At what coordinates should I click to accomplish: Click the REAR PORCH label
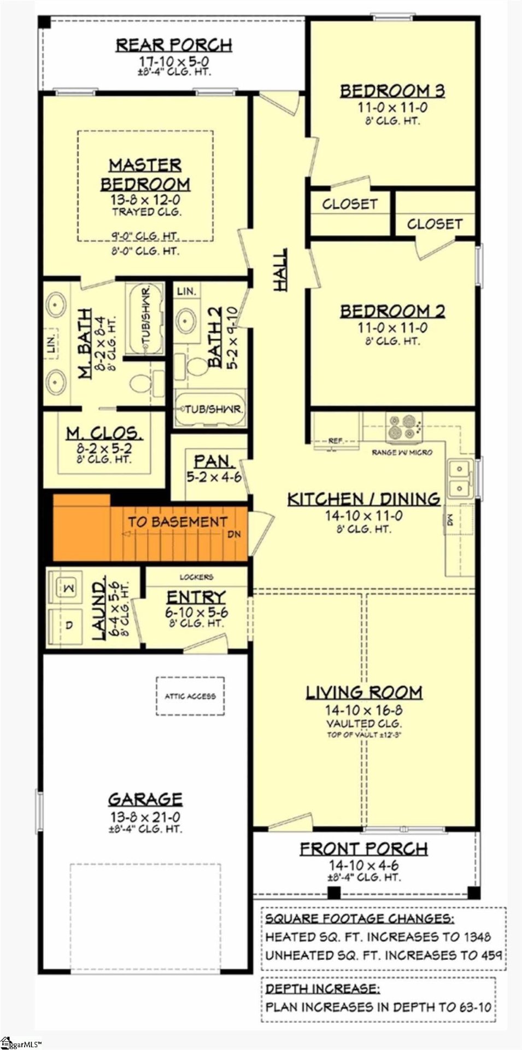click(x=173, y=45)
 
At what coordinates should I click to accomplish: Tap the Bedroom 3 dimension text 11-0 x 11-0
click(x=392, y=108)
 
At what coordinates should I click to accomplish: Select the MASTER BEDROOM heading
click(x=145, y=174)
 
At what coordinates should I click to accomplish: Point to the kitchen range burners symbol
click(x=403, y=427)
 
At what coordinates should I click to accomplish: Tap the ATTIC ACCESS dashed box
click(x=190, y=696)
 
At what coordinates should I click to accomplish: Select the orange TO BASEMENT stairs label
click(x=177, y=522)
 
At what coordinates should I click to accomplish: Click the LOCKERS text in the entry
click(x=196, y=576)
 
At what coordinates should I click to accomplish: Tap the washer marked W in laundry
click(x=69, y=588)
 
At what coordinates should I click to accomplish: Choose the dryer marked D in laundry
click(x=69, y=625)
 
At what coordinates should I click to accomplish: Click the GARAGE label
click(x=145, y=799)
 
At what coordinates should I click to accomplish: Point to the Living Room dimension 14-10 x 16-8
click(x=364, y=710)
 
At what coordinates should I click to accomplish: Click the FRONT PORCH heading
click(x=363, y=849)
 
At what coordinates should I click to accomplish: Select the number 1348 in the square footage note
click(x=477, y=937)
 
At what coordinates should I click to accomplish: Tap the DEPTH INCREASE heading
click(x=321, y=989)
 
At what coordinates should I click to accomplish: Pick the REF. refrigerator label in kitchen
click(x=335, y=440)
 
